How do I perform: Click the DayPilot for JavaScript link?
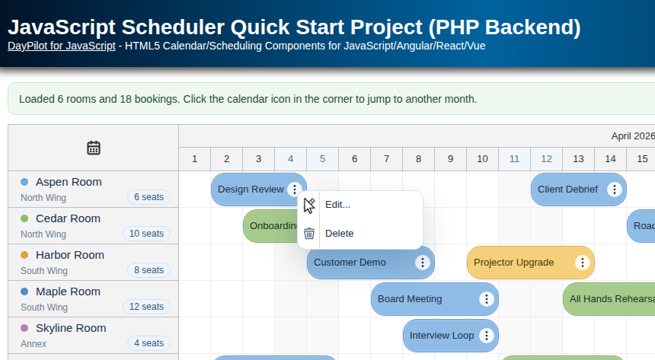(x=62, y=46)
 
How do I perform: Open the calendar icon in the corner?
(x=94, y=148)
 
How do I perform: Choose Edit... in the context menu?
(x=337, y=205)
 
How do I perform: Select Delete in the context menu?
(x=339, y=234)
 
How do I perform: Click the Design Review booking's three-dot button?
(x=295, y=190)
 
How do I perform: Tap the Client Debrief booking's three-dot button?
(x=615, y=190)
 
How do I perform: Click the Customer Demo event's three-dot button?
(x=423, y=263)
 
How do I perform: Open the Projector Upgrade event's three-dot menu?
(x=583, y=263)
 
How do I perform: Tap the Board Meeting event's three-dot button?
(x=487, y=299)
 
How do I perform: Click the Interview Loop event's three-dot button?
(x=487, y=336)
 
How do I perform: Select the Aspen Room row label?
(x=69, y=182)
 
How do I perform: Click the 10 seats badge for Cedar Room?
(x=146, y=234)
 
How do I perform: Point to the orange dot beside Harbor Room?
(x=24, y=255)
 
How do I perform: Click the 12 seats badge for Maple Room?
(x=146, y=307)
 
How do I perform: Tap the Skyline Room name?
(x=71, y=328)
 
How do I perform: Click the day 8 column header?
(x=418, y=159)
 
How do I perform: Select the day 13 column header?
(x=578, y=159)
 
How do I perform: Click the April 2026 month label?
(x=632, y=136)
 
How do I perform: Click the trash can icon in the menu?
(x=309, y=234)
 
